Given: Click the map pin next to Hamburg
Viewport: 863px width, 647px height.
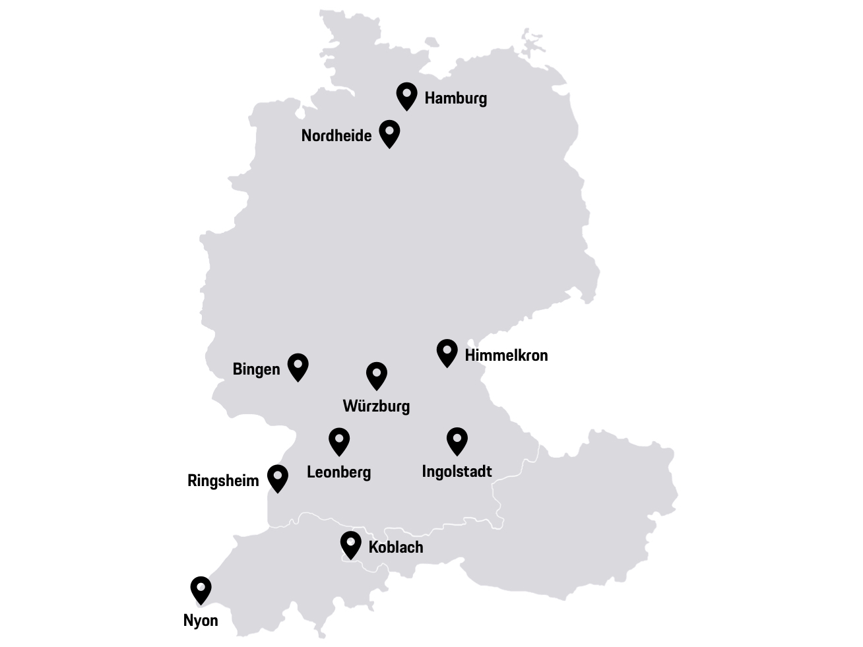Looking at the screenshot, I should point(406,95).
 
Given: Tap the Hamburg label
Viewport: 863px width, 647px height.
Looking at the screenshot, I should point(455,98).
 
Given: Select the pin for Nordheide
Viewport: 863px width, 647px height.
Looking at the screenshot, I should point(389,133).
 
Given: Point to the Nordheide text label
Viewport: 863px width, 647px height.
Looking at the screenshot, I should point(336,136).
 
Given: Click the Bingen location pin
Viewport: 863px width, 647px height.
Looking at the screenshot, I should point(298,366).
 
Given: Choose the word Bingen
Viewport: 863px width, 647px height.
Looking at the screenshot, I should point(256,369).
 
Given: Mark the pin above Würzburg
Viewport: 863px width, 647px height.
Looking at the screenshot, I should point(377,375).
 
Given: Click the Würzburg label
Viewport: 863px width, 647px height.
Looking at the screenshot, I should point(376,406).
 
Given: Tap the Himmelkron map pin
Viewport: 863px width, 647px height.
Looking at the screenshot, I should point(447,352).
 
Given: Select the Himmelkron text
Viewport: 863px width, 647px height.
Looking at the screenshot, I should point(506,355).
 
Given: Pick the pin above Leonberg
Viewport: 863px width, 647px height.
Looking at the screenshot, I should point(339,441).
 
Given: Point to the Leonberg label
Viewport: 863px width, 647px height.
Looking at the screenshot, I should point(339,472).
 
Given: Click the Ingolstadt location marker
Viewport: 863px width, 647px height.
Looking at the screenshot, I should point(457,440).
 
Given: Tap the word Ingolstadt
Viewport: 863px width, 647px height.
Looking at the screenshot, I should point(457,472).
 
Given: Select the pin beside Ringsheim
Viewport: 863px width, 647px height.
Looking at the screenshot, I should point(278,477).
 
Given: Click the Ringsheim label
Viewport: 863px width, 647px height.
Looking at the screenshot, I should point(223,481).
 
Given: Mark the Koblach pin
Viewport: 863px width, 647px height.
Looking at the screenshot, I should point(350,544).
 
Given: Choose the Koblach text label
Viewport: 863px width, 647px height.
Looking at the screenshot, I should point(396,547).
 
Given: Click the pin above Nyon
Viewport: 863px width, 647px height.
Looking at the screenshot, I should point(201,589).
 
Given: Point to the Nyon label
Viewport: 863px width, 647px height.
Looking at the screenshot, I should point(201,621).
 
